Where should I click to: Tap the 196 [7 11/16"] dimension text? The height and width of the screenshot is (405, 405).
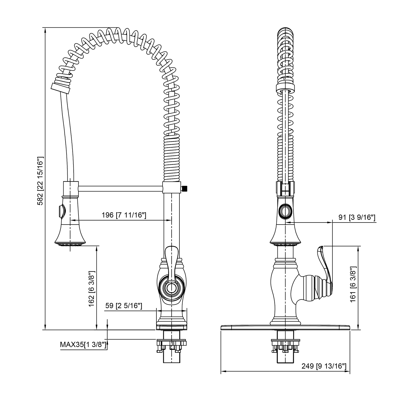pos(124,215)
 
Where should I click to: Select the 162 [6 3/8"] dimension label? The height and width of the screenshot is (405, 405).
pos(92,288)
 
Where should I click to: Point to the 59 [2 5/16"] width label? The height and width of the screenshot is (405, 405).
pos(124,306)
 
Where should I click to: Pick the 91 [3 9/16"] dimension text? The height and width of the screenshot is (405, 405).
pos(357,217)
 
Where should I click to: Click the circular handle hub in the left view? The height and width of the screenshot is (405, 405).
pos(171,288)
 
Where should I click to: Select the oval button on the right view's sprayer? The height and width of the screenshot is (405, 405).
pos(285,211)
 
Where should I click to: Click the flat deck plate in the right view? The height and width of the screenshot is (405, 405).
pos(285,328)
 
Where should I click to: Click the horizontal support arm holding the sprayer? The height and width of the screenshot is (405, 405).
pos(120,189)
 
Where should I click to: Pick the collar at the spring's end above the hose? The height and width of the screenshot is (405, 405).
pos(60,89)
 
